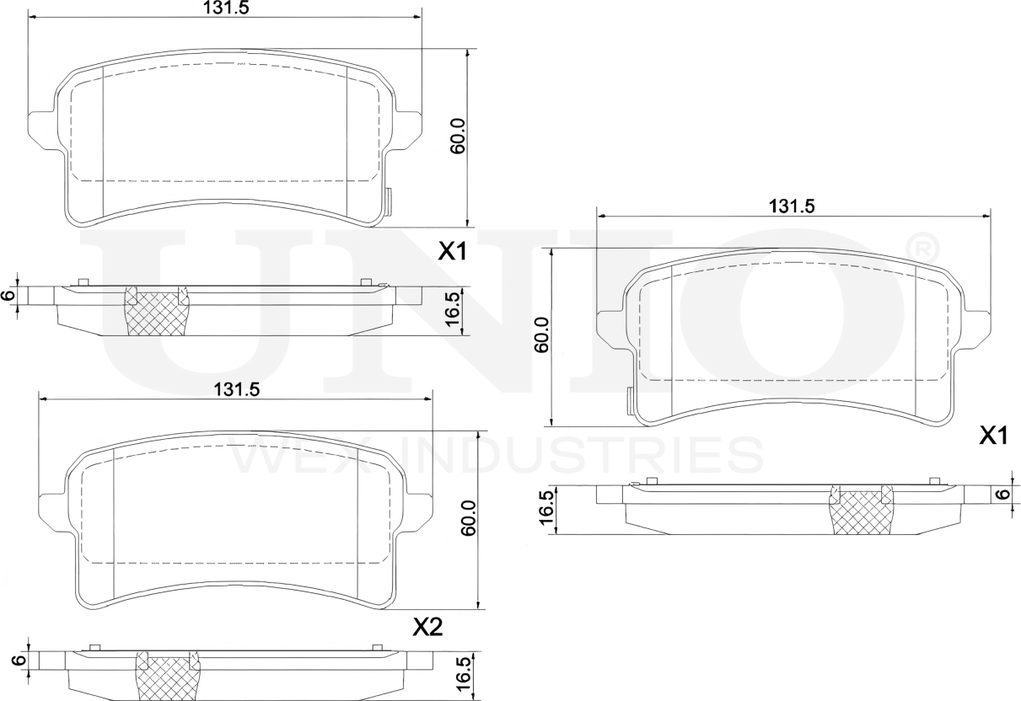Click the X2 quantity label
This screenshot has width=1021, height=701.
point(427,627)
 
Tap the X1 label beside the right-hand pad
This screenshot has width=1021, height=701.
point(994,436)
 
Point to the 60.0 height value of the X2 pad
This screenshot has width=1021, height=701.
point(470,517)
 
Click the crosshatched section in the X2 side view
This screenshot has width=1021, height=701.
point(169,677)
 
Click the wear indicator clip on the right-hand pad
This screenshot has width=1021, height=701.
point(630,401)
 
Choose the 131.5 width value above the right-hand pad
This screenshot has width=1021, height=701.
point(791,206)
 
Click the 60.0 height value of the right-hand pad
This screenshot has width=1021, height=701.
point(542,334)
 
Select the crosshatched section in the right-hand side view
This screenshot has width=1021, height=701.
point(862,512)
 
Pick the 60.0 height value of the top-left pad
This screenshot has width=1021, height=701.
point(458,136)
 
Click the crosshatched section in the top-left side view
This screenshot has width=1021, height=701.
point(157,313)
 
